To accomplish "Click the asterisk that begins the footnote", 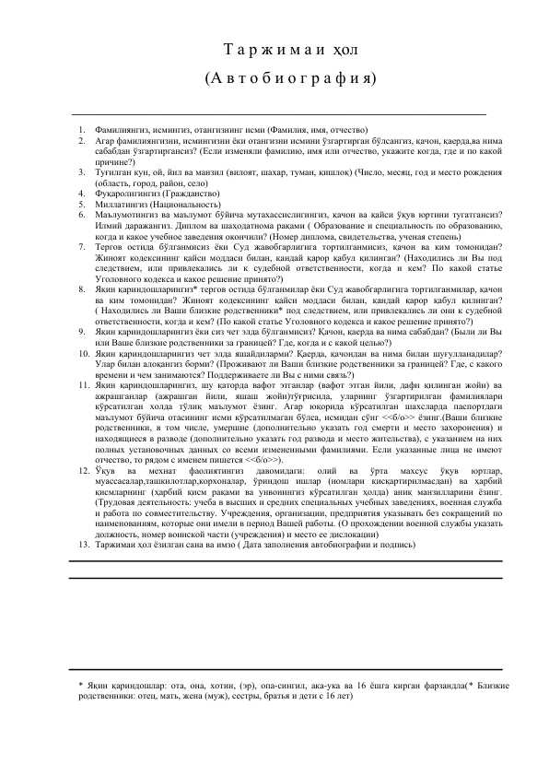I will click(82, 686).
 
